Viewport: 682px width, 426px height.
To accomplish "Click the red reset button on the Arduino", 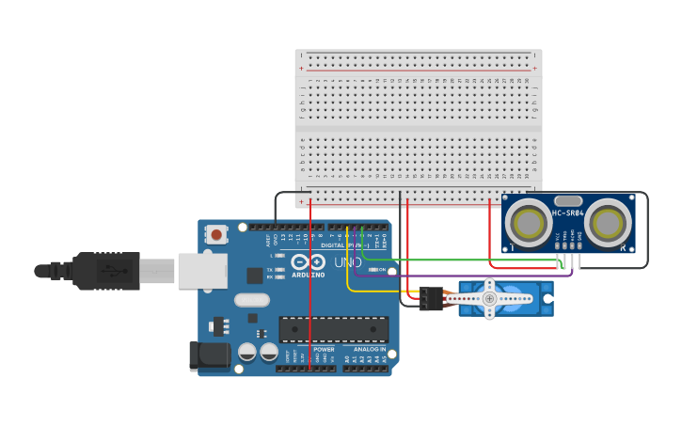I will tap(216, 234).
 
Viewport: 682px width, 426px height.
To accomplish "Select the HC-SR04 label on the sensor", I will tap(568, 213).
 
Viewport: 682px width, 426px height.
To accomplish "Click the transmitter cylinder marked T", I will tap(527, 224).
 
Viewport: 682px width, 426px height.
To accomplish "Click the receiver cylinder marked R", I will tap(609, 224).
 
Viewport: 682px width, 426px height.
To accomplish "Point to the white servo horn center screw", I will tap(489, 298).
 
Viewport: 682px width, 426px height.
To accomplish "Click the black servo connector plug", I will tap(431, 298).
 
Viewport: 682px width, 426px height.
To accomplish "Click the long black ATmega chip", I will tap(333, 329).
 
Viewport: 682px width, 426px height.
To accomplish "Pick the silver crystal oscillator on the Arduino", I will tap(251, 301).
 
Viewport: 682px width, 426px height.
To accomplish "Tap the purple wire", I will tap(470, 276).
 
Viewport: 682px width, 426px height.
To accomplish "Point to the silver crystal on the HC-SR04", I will tap(568, 200).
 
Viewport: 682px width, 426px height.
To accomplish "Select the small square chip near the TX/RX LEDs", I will tap(254, 275).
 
